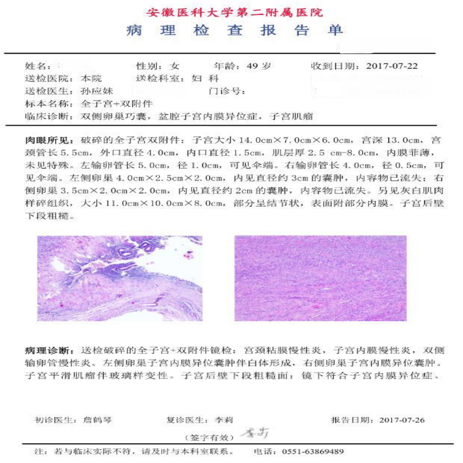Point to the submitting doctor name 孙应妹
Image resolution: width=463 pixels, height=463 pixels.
(x=97, y=91)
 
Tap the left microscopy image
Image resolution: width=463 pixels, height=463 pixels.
(x=119, y=278)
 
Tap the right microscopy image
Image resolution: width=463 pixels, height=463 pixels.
(x=320, y=278)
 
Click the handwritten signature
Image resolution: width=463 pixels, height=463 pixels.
(x=254, y=434)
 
